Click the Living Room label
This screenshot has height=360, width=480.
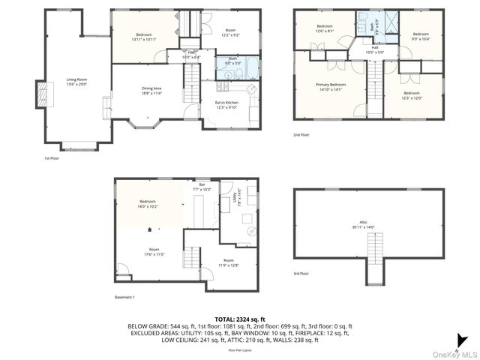coord(76,81)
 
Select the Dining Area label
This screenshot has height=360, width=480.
coord(151,91)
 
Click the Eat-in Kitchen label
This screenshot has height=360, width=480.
coord(227,104)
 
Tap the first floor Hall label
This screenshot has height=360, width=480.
coord(191,55)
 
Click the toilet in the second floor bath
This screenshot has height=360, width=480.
coord(361,18)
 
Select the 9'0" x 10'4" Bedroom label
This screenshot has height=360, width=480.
coord(421,36)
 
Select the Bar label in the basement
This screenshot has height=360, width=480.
coord(202,187)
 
